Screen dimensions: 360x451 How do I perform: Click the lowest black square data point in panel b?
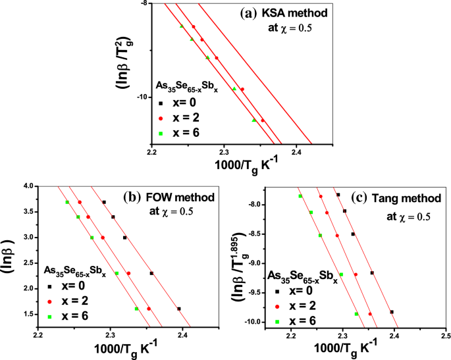point(178,309)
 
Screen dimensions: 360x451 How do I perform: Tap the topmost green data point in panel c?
point(300,196)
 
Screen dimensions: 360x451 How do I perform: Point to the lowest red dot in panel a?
point(263,120)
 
